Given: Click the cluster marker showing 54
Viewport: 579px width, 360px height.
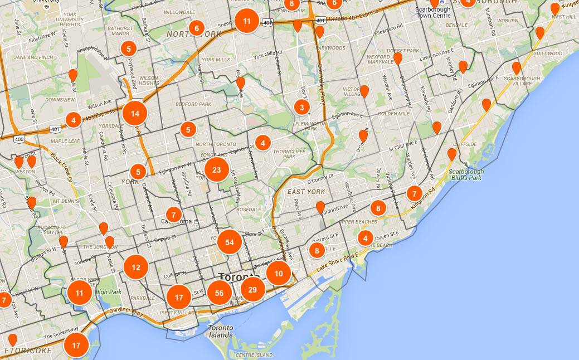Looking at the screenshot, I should pos(230,242).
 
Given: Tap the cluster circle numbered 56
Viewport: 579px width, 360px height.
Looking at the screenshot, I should pos(219,293).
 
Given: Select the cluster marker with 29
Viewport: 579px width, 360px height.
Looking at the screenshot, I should pos(252,289).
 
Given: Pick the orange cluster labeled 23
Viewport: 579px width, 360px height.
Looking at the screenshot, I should pos(217,171).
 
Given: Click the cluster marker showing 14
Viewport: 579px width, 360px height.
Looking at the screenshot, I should pos(135,113).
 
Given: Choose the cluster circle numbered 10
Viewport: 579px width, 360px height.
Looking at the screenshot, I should pos(278,273).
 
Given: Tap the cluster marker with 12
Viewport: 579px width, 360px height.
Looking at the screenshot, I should pos(136,267).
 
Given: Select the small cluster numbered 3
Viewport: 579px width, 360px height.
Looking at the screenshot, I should pos(301,107).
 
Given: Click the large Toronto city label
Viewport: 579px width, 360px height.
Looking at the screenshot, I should pos(239,277).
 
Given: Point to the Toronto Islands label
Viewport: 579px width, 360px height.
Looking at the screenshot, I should pos(221,331).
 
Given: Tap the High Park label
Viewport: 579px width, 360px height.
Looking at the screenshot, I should pos(108,291).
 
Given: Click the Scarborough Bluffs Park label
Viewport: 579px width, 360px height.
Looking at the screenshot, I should pos(466,174).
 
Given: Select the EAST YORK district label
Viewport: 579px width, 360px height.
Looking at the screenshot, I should pos(306,192).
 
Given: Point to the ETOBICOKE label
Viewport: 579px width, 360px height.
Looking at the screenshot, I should pos(28,351).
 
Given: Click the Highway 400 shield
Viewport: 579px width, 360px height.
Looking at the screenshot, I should pos(19,138).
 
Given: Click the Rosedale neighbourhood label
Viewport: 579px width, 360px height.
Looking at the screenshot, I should pos(248,210).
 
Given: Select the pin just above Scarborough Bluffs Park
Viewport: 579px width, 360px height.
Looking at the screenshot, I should pos(452,154).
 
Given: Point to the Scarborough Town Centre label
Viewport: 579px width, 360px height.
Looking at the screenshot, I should pos(434,12).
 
